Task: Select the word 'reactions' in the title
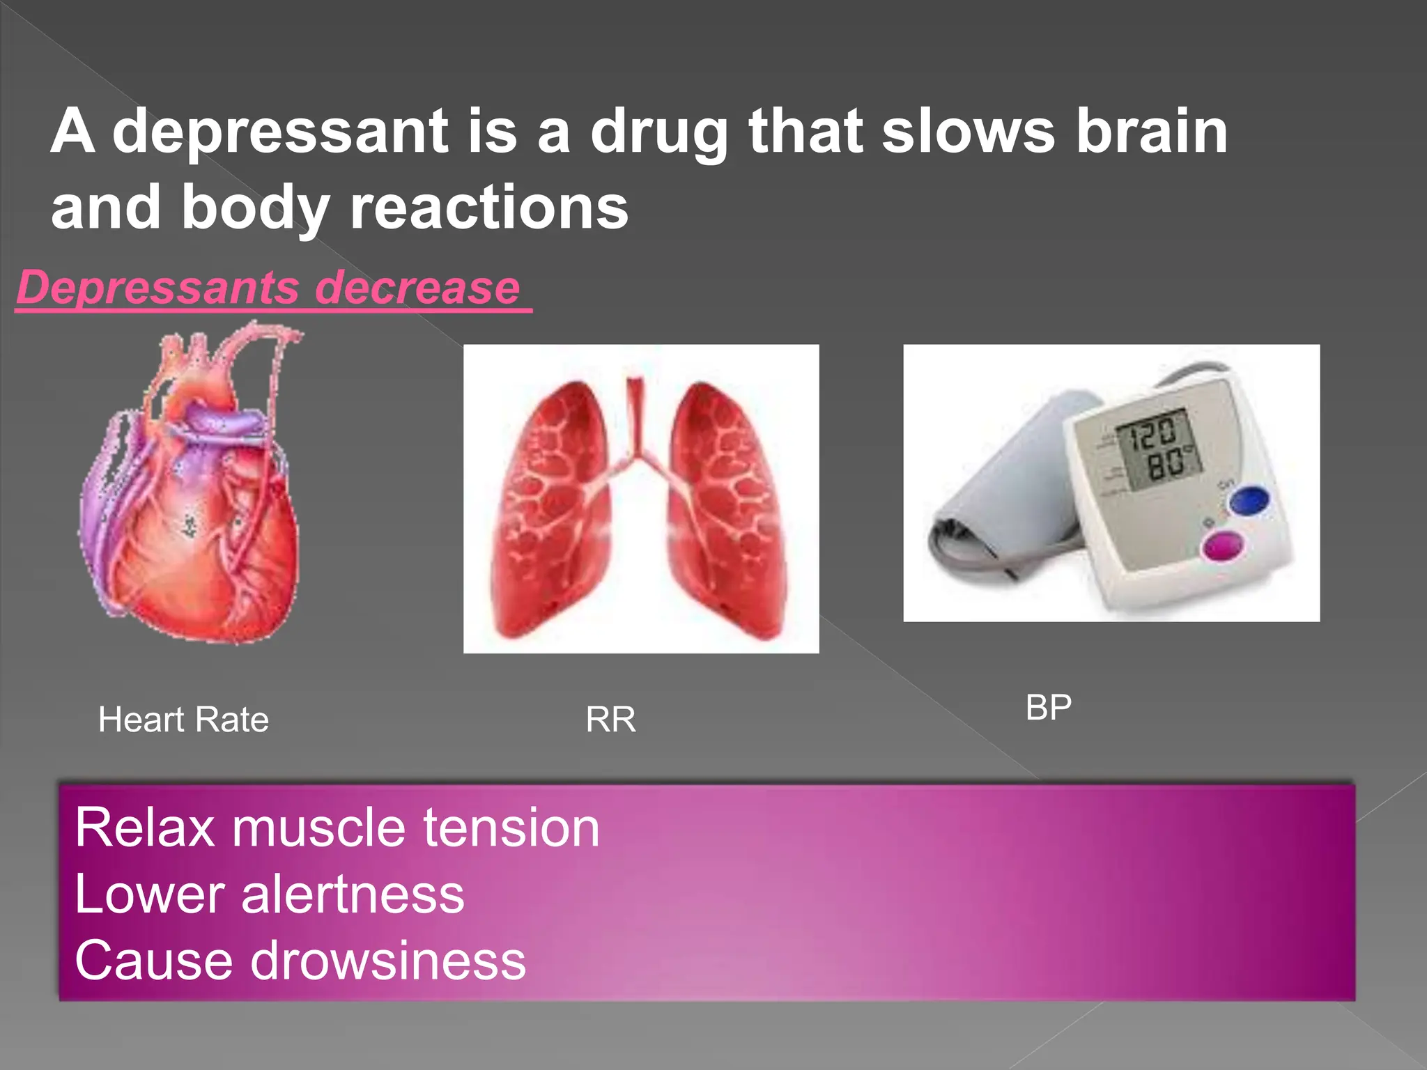click(489, 208)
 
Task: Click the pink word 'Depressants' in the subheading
click(157, 287)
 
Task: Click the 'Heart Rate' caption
click(183, 719)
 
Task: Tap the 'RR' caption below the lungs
click(610, 719)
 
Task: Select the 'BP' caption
click(1048, 708)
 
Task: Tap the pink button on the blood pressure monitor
click(1223, 546)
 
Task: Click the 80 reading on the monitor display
click(1165, 463)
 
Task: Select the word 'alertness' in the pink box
click(353, 894)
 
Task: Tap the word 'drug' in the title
click(659, 132)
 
